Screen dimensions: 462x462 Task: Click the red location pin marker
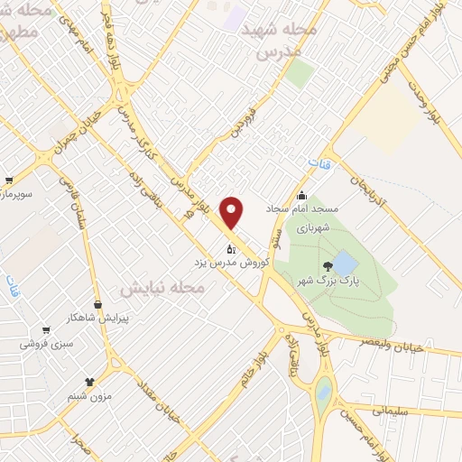coord(233,213)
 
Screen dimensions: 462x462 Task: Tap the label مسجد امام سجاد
coord(301,209)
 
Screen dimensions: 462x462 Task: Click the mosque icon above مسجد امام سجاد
coord(301,197)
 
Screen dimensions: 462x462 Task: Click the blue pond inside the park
coord(345,264)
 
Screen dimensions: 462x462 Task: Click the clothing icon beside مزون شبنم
coord(88,382)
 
